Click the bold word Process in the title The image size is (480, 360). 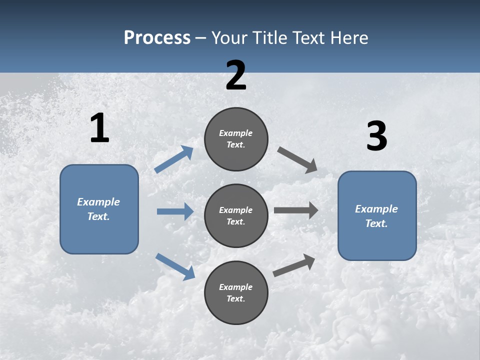coord(157,37)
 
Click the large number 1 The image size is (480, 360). coord(99,128)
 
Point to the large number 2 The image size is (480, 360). coord(236,76)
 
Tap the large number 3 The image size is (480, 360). coord(376,136)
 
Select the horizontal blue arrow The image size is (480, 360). coord(175,211)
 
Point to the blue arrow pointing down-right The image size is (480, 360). coord(175,266)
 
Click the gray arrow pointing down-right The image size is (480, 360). coord(297,159)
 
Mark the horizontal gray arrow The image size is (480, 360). coord(296,210)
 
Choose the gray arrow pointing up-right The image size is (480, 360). coord(294,265)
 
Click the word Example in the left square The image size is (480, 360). coord(98,202)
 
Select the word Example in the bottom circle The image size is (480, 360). coord(236,287)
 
